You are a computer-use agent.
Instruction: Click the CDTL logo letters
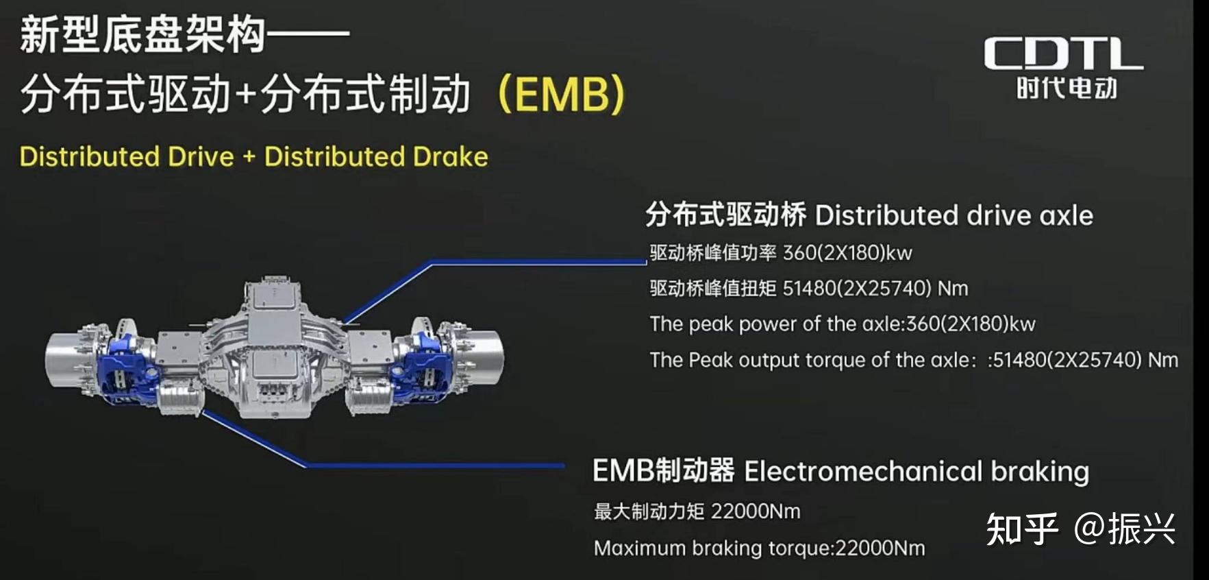1063,53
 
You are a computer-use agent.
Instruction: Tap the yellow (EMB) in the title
560,94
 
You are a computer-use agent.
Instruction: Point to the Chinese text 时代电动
1067,88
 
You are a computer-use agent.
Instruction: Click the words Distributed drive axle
954,216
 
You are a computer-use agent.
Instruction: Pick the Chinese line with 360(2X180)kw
780,253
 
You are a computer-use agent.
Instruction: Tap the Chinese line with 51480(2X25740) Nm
808,289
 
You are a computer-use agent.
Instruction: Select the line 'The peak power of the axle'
842,324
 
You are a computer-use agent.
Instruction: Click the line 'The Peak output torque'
913,360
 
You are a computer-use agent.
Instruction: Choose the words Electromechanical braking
916,472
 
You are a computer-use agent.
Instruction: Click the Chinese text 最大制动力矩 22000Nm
697,511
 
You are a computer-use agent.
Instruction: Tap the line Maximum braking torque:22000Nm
759,548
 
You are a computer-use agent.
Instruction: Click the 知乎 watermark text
1021,529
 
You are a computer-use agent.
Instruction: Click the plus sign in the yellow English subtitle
249,157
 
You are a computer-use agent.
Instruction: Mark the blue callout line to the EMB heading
432,466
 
